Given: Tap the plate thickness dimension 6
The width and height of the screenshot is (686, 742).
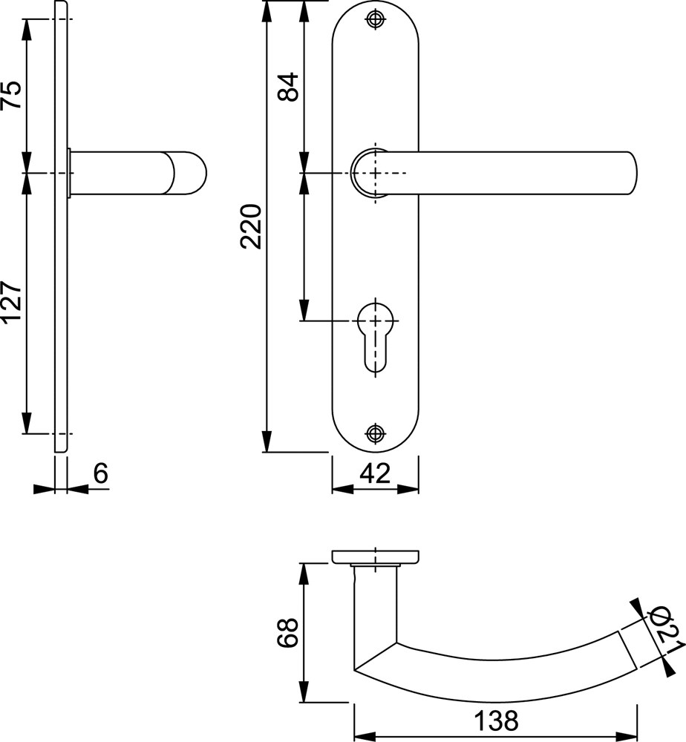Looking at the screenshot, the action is click(x=100, y=473).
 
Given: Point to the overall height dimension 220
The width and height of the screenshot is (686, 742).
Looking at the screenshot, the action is click(x=251, y=226).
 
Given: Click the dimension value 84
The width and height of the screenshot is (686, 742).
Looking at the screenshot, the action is click(x=288, y=87).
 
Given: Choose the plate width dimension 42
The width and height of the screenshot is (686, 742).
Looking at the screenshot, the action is click(x=375, y=473).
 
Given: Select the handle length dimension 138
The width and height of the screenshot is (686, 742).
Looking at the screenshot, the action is click(x=496, y=721).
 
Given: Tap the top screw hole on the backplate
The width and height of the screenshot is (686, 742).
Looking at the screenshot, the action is click(x=376, y=19).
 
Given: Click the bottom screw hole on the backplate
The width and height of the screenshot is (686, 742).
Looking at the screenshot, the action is click(x=376, y=433).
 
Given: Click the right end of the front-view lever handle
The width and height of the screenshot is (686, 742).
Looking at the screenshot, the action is click(x=633, y=173).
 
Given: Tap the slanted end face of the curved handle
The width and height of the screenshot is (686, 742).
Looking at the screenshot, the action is click(x=627, y=650).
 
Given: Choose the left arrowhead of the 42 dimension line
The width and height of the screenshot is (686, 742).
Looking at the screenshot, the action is click(x=342, y=489).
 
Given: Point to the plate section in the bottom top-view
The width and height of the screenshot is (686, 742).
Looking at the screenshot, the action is click(x=376, y=556).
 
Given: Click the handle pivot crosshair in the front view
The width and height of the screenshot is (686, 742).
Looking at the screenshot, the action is click(x=376, y=173).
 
